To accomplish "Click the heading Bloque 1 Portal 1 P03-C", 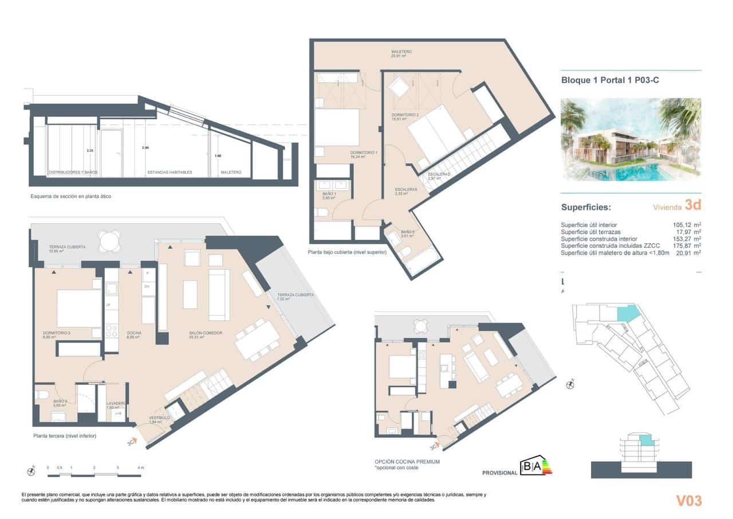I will [610, 81].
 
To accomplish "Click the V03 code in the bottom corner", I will [688, 501].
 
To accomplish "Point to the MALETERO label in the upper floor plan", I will [401, 52].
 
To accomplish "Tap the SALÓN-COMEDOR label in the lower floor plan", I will [206, 333].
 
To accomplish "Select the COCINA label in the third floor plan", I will [135, 333].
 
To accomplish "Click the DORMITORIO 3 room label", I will [57, 333].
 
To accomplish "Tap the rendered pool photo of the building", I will [630, 139].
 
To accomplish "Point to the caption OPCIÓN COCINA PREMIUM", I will [407, 461].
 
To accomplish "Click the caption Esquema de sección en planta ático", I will [70, 197].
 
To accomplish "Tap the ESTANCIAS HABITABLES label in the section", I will [170, 172].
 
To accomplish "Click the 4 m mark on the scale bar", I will [140, 469].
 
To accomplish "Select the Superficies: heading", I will [586, 207].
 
